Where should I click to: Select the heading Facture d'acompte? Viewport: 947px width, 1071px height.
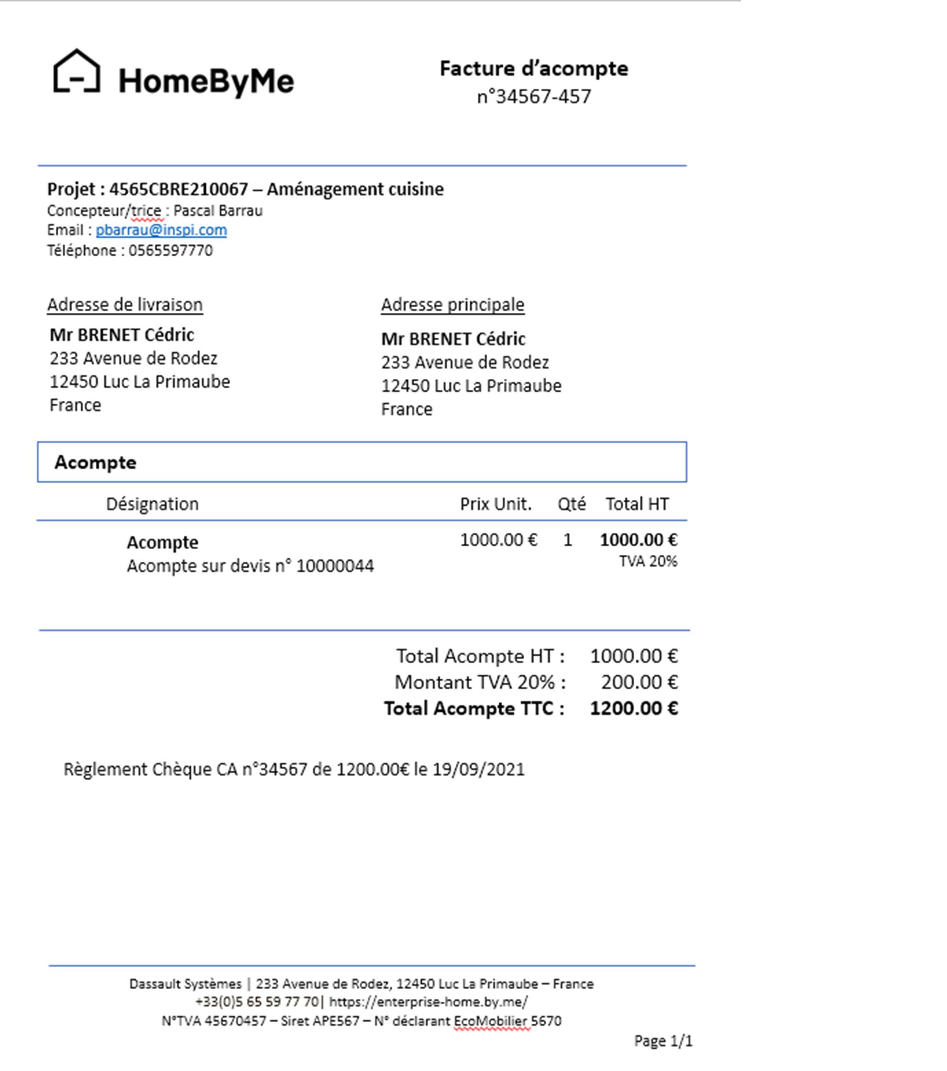(533, 68)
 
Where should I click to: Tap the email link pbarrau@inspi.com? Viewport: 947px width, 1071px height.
(161, 230)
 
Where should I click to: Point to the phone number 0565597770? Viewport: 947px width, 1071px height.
(171, 251)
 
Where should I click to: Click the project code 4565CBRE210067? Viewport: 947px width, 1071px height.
(178, 189)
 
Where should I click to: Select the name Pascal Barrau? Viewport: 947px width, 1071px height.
(218, 210)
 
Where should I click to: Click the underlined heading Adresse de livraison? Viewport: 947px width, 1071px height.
(125, 304)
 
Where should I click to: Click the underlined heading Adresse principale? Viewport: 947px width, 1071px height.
(452, 304)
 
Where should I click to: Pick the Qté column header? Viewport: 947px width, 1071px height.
(571, 504)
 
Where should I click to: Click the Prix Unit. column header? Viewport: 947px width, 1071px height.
(496, 504)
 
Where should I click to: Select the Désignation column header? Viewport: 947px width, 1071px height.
(152, 504)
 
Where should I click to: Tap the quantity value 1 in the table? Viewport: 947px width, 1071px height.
(567, 540)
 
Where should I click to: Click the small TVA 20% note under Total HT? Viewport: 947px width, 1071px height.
(648, 562)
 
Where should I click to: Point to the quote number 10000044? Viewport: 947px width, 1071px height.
(335, 566)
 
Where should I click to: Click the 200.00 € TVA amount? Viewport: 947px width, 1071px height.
(639, 682)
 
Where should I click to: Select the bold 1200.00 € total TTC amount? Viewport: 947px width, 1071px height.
(634, 708)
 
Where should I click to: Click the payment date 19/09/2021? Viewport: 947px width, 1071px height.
(478, 769)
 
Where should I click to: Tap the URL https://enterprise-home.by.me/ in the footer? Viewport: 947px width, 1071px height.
(428, 1002)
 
